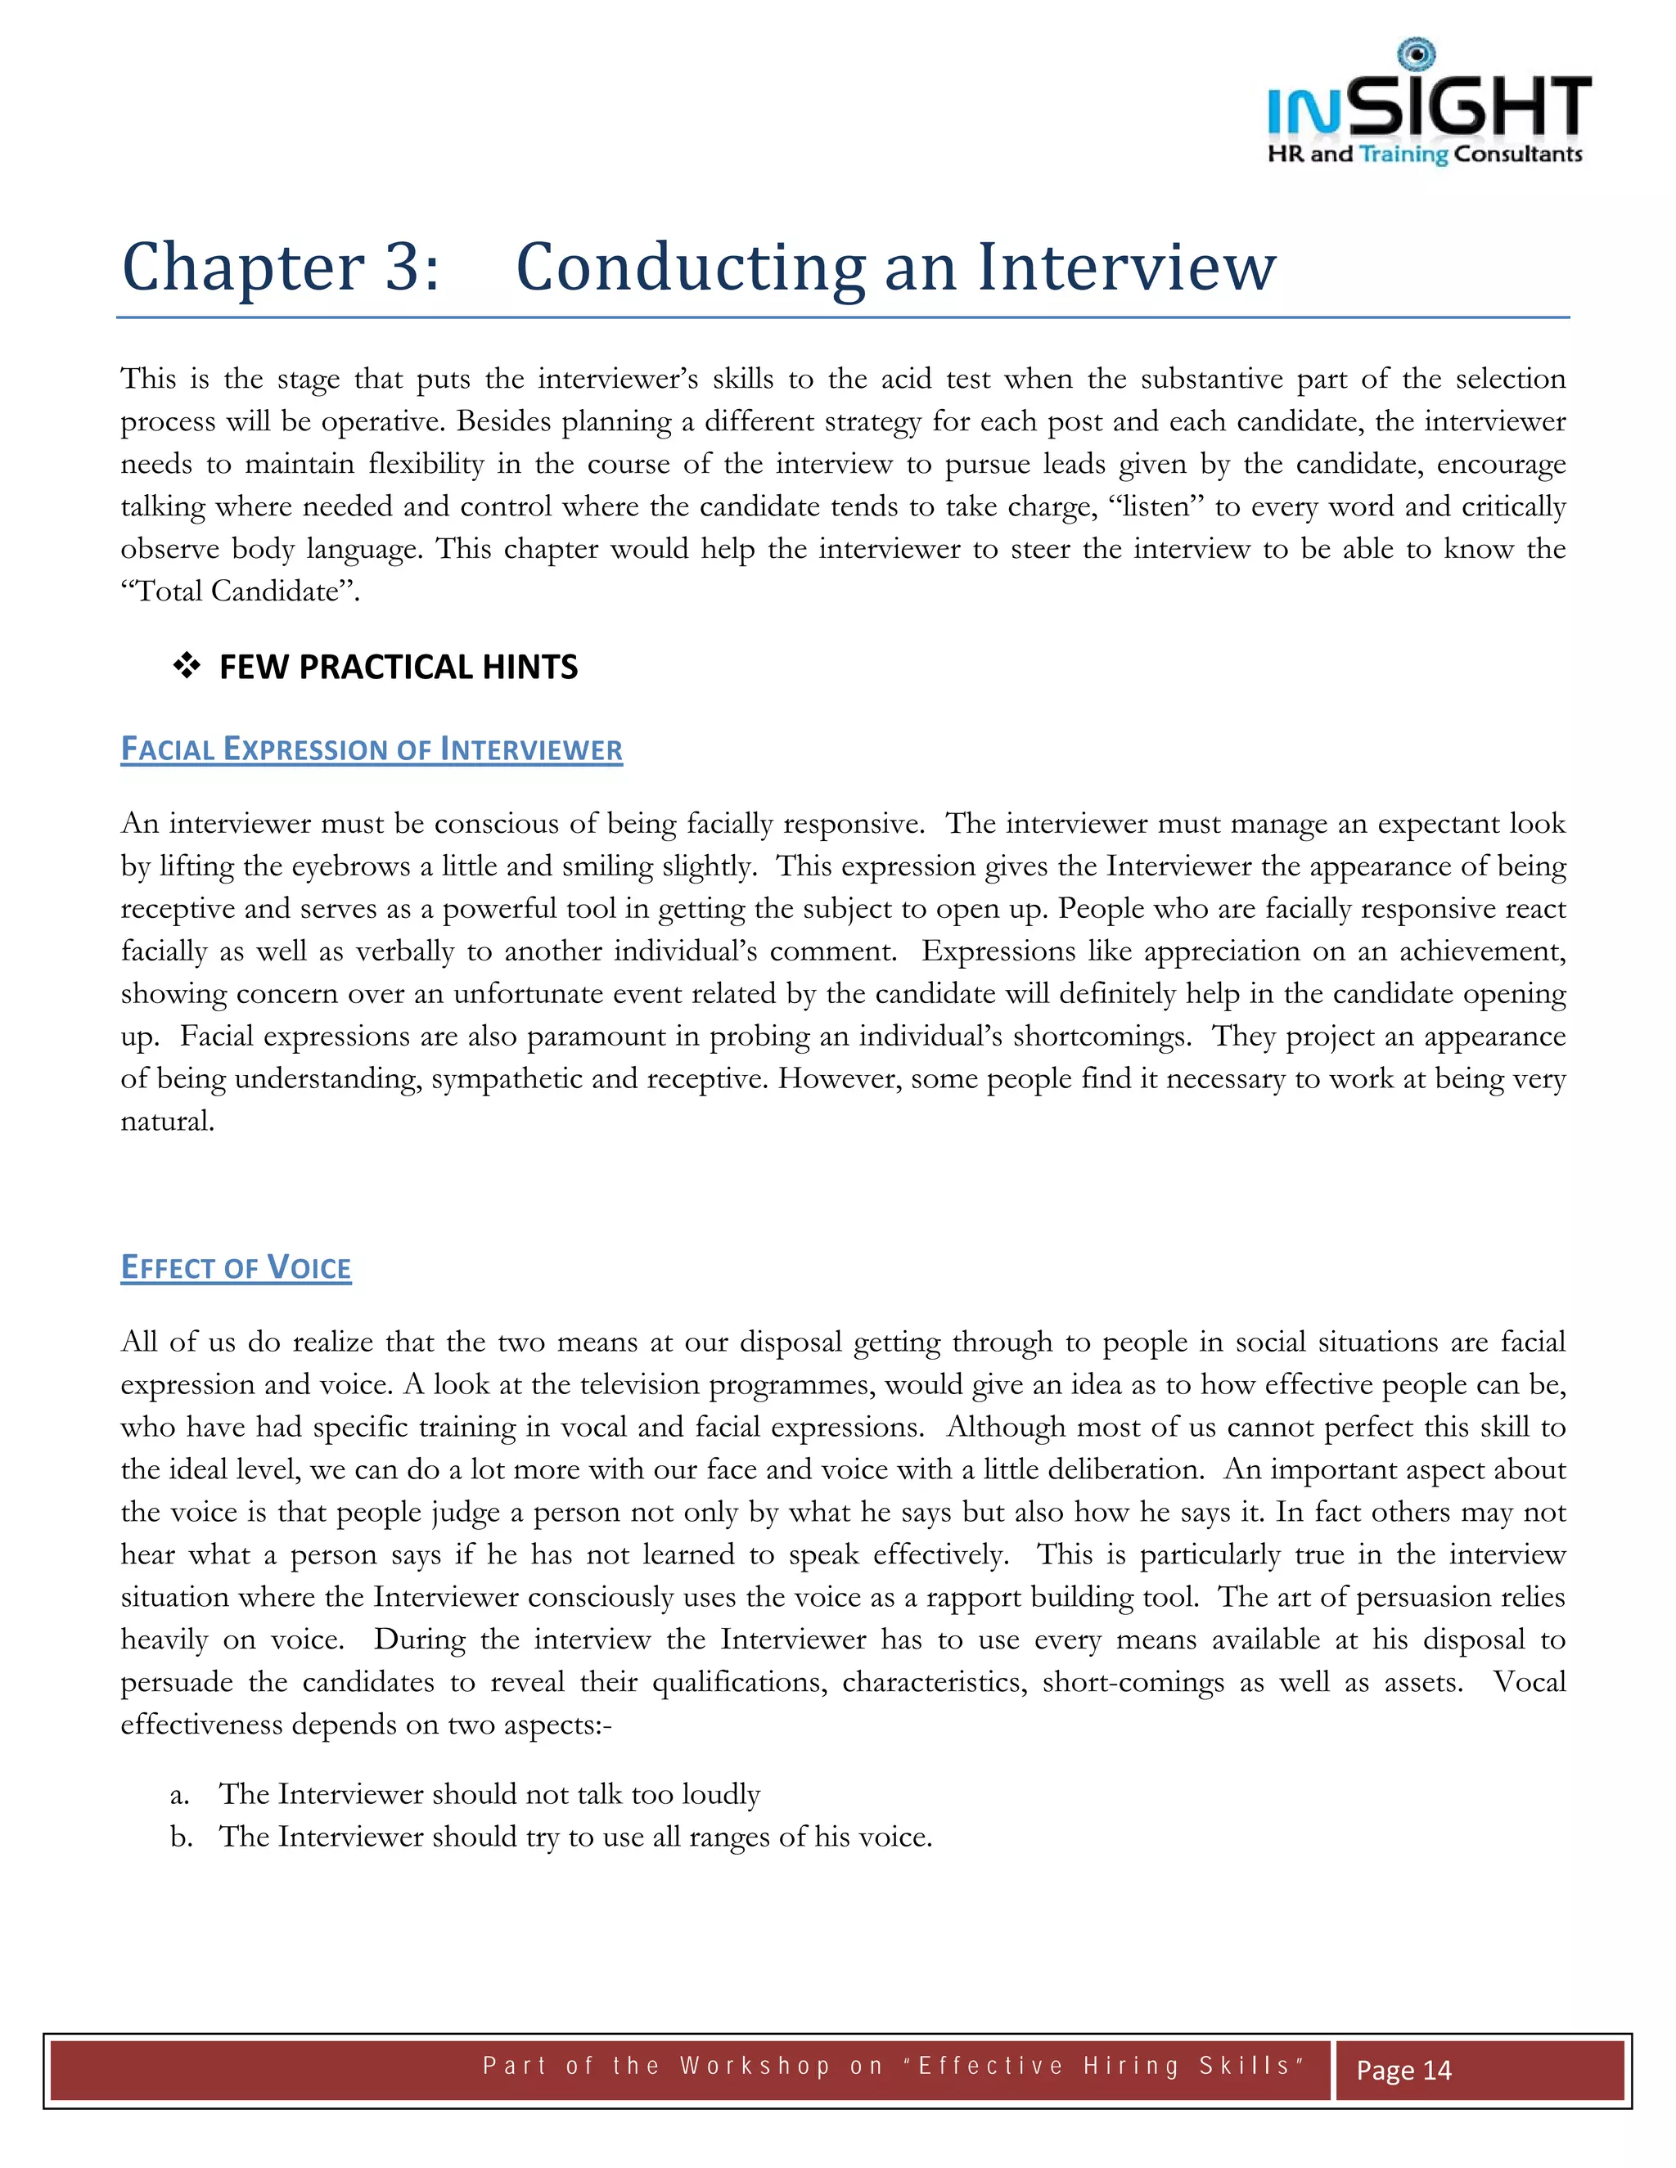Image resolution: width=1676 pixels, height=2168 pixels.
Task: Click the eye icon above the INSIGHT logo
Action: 1416,55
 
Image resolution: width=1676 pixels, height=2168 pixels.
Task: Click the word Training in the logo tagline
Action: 1403,154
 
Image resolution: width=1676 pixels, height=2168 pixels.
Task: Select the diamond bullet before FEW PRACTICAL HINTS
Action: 187,666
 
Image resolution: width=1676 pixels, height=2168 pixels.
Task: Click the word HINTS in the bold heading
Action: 529,666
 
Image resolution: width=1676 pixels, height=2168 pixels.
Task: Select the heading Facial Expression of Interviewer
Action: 372,749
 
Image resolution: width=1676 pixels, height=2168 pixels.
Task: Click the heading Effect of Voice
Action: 236,1267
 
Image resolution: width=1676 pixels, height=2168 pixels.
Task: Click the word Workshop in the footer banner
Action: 755,2066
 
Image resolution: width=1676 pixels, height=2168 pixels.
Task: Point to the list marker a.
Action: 178,1795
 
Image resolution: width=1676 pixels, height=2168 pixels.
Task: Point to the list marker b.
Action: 180,1837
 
